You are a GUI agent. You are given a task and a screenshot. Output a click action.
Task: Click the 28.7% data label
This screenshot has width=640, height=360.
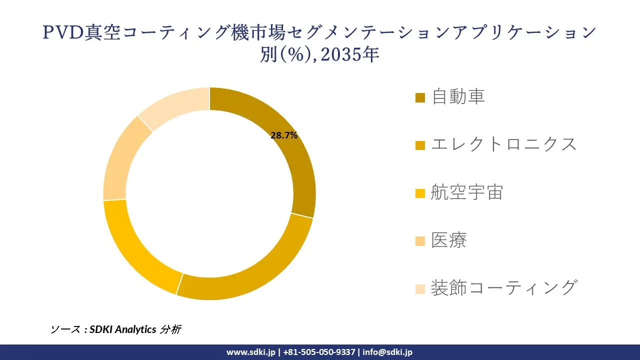284,135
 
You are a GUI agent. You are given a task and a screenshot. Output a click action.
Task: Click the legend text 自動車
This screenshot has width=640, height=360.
458,96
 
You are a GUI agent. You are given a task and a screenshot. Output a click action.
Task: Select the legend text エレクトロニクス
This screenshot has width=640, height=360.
504,144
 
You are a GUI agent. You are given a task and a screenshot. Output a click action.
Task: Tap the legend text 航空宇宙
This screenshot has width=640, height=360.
467,192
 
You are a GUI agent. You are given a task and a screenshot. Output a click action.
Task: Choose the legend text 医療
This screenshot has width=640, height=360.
449,240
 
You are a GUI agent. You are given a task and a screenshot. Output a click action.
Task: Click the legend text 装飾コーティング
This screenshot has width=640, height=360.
504,288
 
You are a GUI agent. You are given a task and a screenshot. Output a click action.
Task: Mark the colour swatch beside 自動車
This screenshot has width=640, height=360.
420,97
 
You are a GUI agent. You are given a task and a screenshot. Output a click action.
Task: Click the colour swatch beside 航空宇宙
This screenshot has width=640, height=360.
420,193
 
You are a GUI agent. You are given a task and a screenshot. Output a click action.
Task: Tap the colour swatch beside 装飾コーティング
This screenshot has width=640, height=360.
420,289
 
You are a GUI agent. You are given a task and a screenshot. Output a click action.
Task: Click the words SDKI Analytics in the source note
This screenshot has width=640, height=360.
123,329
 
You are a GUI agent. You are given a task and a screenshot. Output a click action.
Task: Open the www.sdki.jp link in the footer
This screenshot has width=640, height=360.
250,352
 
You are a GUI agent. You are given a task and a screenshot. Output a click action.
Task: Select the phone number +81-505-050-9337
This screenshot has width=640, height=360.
319,352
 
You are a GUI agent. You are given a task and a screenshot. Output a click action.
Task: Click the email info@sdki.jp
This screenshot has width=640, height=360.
387,352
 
